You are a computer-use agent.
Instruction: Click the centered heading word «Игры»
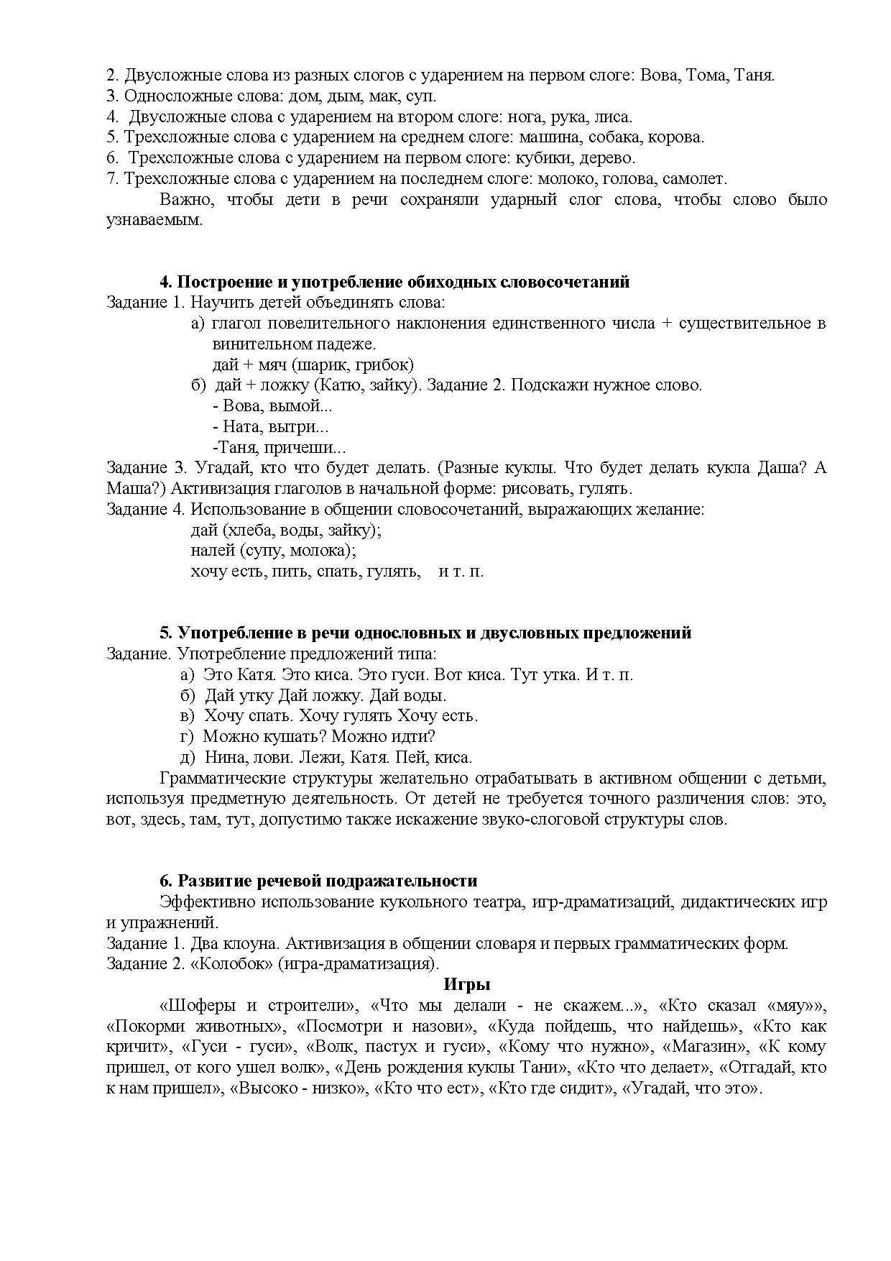(467, 985)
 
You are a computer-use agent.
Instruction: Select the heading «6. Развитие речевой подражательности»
(318, 881)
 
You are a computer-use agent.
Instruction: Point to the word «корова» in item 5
(680, 137)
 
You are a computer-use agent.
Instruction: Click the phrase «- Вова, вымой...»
(273, 406)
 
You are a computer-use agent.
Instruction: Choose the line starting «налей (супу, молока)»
(273, 551)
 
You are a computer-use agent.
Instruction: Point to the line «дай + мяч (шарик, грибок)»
(313, 364)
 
